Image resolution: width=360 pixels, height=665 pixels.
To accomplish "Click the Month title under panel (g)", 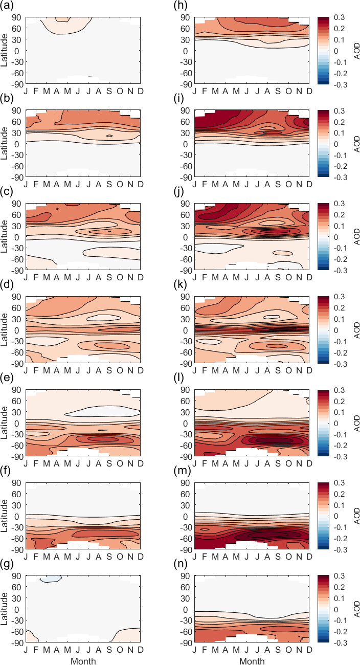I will point(83,661).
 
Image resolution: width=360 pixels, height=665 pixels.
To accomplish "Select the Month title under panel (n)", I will point(252,661).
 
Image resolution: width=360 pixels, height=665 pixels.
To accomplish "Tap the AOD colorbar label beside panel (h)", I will point(356,51).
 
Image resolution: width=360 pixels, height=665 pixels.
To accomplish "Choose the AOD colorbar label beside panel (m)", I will point(356,516).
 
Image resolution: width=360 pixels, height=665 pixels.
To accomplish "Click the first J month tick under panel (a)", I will point(26,91).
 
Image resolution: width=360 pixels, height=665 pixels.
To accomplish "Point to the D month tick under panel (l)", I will point(309,463).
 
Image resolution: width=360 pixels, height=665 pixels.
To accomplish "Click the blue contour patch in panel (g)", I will point(51,579).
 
